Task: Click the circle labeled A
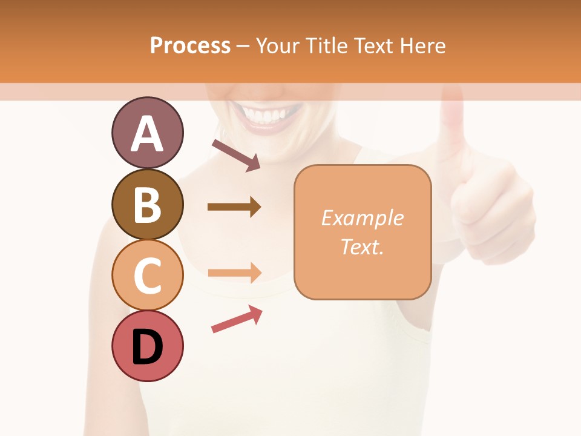(x=147, y=133)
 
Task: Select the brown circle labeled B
(x=147, y=204)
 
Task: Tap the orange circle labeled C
(x=147, y=275)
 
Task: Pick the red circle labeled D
(x=147, y=346)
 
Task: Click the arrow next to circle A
(x=236, y=155)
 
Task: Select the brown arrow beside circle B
(x=234, y=207)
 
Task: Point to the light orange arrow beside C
(x=234, y=272)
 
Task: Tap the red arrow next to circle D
(x=237, y=319)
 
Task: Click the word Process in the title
(x=190, y=46)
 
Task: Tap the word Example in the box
(x=362, y=218)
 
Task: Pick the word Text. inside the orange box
(x=362, y=246)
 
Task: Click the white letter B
(x=147, y=205)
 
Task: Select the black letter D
(x=147, y=347)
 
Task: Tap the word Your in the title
(x=278, y=46)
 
